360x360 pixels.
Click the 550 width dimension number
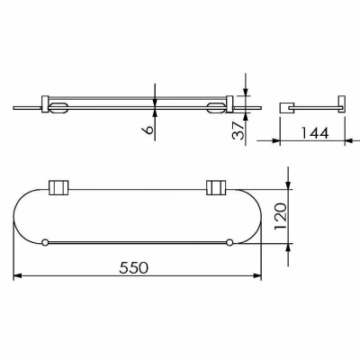[x=133, y=267]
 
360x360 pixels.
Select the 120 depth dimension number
[x=281, y=216]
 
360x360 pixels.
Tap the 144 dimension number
[x=314, y=133]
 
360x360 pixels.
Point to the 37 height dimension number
[x=238, y=130]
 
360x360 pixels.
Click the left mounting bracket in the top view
[x=58, y=187]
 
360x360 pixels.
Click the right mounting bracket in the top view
[x=216, y=187]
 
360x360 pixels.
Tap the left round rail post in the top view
[x=45, y=243]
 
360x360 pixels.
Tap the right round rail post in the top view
[x=229, y=243]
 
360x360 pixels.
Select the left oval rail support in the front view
[x=58, y=108]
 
